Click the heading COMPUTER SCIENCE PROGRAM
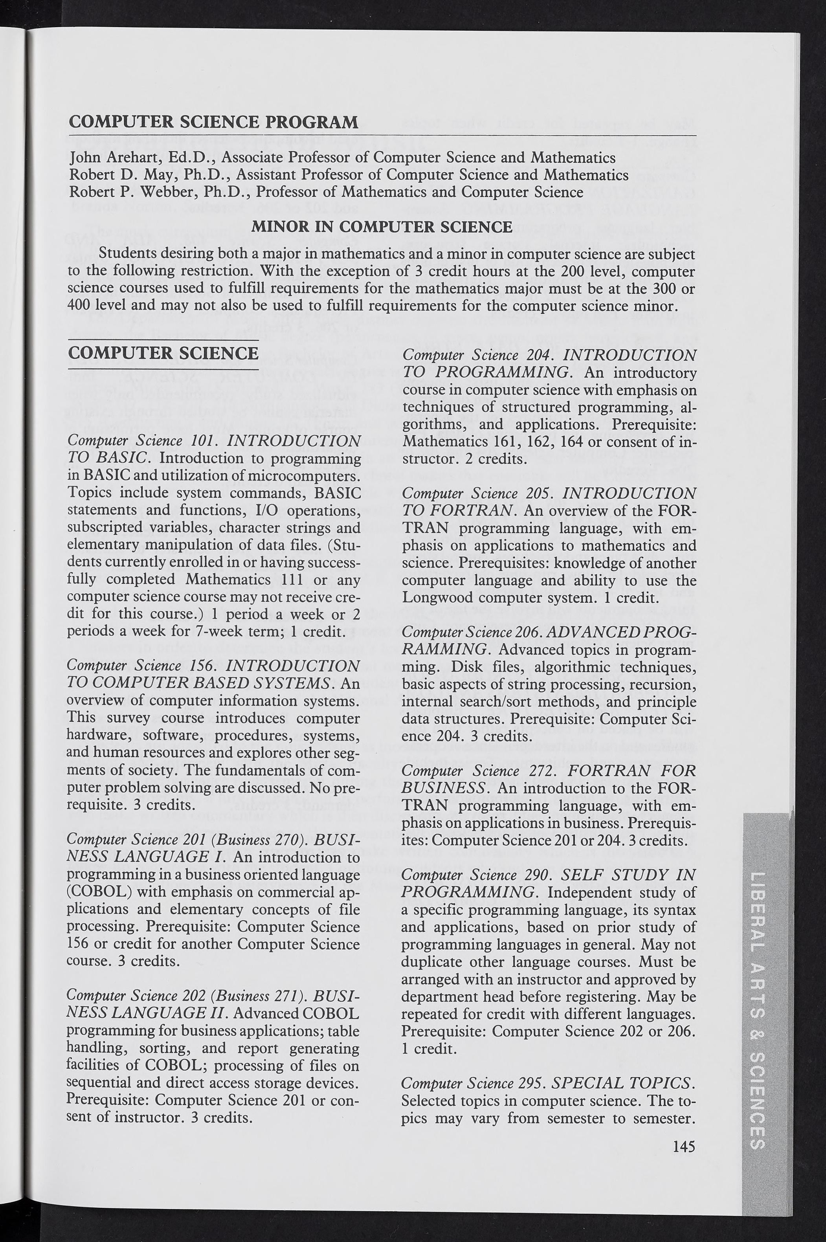213,122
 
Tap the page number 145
684,1146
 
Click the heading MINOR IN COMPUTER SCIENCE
382,227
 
